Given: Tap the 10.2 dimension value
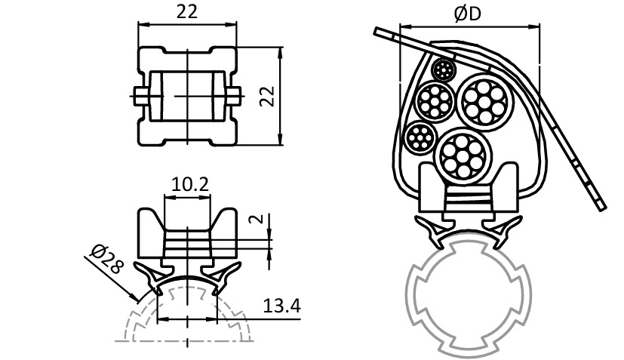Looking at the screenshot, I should point(186,184).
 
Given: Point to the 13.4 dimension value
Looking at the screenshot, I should point(282,306).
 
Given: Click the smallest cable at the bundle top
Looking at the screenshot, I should point(444,72).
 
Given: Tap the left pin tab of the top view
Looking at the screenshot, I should point(140,96).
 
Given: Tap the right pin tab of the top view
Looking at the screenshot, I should point(235,96).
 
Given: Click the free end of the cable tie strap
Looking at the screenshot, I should point(600,202).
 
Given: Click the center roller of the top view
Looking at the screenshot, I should point(187,96).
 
